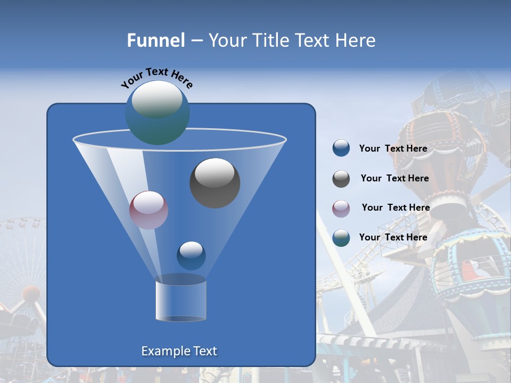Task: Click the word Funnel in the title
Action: tap(155, 40)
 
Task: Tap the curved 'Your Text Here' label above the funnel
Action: tap(156, 78)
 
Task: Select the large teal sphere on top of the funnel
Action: tap(157, 113)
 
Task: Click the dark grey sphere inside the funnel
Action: tap(215, 184)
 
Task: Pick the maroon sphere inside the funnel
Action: tap(149, 210)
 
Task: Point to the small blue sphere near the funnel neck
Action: tap(191, 256)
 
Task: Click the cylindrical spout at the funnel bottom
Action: tap(181, 301)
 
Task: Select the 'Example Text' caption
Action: tap(179, 351)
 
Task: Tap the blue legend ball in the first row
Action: tap(341, 148)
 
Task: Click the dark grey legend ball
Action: tap(341, 178)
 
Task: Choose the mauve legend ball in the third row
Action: tap(341, 208)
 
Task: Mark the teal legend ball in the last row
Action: tap(341, 237)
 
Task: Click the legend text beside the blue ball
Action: tap(393, 149)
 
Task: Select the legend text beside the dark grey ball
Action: tap(394, 179)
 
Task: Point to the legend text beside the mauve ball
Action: tap(395, 207)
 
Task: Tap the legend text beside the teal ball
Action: tap(393, 237)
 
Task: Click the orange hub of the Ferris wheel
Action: tap(31, 293)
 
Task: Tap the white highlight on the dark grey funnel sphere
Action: tap(215, 172)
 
